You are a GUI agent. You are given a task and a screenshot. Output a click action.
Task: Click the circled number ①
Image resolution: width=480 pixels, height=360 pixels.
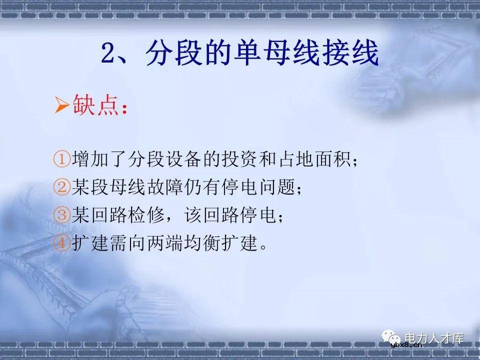pyautogui.click(x=61, y=160)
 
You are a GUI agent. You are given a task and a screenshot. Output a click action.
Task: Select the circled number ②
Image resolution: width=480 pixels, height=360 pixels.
pyautogui.click(x=61, y=188)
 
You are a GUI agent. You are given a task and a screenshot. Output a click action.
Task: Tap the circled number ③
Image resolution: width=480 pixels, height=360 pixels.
pyautogui.click(x=61, y=216)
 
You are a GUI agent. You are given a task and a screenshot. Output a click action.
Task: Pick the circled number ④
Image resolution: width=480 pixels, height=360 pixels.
pyautogui.click(x=61, y=244)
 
